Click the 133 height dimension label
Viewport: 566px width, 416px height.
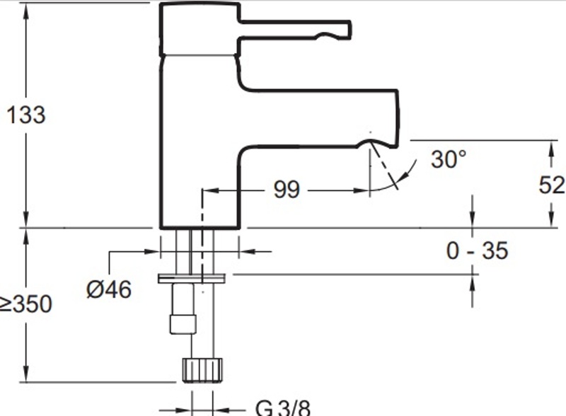[x=26, y=115]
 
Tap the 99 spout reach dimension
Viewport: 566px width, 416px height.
[x=287, y=189]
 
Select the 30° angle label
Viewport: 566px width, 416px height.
[x=449, y=159]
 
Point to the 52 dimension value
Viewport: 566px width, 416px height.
[x=551, y=185]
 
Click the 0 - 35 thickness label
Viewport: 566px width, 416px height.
[x=477, y=250]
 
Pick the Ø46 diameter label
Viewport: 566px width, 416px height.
[x=109, y=289]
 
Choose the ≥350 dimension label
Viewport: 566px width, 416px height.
[x=26, y=304]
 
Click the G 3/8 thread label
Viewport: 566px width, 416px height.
[x=282, y=408]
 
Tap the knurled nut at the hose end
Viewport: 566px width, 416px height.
[x=202, y=370]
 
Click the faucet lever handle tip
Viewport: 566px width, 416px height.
[x=348, y=30]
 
